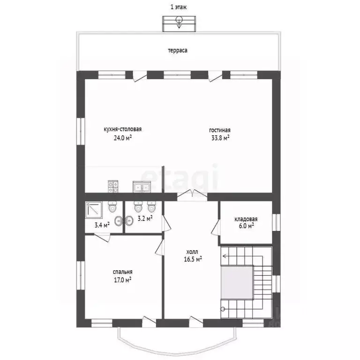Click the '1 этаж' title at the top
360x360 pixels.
[x=179, y=7]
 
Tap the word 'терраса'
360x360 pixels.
[x=178, y=51]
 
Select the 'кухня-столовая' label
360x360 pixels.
[x=123, y=129]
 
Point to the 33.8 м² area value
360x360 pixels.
[x=220, y=138]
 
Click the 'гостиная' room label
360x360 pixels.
[x=220, y=130]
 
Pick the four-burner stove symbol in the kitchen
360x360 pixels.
[x=113, y=187]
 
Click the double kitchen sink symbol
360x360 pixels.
[x=142, y=187]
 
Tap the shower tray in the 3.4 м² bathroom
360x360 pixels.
[x=93, y=210]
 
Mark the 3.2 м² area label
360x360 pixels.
[x=145, y=218]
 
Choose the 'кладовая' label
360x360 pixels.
[x=246, y=219]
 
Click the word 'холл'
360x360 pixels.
[x=192, y=252]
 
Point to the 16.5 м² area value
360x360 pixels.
[x=193, y=259]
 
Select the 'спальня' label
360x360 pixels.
[x=123, y=272]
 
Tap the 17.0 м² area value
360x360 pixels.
[x=123, y=280]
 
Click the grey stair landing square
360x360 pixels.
[x=237, y=283]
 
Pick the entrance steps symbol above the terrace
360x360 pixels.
[x=179, y=23]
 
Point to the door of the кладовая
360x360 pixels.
[x=216, y=227]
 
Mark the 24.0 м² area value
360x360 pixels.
[x=123, y=138]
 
